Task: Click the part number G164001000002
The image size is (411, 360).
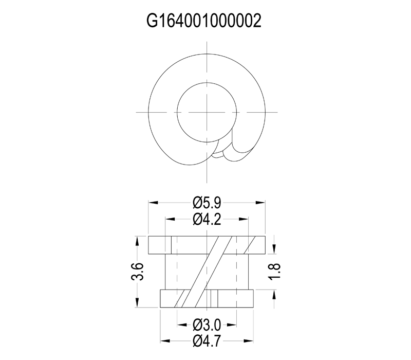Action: tap(206, 22)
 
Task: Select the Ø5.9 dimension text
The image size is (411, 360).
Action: tap(207, 202)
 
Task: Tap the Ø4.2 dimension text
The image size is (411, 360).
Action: tap(207, 220)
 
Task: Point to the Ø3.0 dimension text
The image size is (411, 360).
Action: tap(207, 325)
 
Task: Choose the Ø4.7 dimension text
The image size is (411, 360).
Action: tap(207, 340)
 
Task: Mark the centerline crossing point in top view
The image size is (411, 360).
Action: tap(207, 111)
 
